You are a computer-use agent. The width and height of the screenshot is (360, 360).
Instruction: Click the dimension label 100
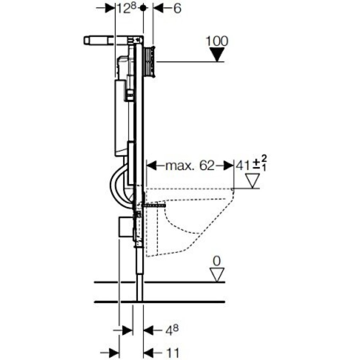click(216, 41)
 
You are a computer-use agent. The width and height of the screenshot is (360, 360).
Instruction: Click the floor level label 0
click(216, 261)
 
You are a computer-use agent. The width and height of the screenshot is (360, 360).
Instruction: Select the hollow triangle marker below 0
click(217, 274)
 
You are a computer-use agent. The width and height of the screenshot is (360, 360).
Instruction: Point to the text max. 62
click(190, 165)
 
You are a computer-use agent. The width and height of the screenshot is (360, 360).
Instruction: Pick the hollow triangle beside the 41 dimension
click(252, 181)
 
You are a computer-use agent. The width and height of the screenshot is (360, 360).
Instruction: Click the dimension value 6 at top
click(177, 8)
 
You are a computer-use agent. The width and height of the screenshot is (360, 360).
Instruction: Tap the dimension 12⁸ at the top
click(127, 8)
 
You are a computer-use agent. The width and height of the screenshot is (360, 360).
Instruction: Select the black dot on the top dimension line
click(143, 8)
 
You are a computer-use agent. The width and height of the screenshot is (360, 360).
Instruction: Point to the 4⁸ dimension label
click(172, 330)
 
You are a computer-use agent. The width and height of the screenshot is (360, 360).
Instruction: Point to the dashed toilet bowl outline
click(190, 222)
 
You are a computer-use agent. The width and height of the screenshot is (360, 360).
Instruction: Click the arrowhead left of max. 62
click(152, 165)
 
